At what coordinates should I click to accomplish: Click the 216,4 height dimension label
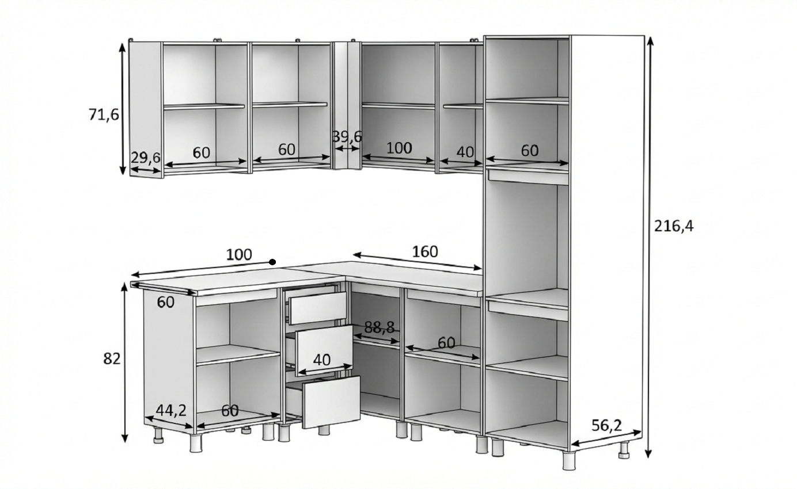(x=674, y=226)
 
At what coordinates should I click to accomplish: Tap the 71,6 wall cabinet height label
(x=104, y=115)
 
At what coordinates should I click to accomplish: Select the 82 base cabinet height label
(x=112, y=359)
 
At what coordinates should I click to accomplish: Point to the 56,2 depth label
(x=606, y=425)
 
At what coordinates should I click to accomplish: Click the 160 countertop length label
(x=425, y=252)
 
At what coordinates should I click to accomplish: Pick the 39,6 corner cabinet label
(x=347, y=137)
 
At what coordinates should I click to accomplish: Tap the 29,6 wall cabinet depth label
(x=146, y=158)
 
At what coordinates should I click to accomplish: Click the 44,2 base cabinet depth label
(x=171, y=411)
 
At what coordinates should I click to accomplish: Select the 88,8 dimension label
(x=379, y=327)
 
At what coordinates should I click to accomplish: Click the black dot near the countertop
(x=272, y=262)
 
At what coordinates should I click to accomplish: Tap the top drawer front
(x=318, y=308)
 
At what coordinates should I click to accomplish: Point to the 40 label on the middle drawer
(x=322, y=360)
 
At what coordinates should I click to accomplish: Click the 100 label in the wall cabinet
(x=399, y=148)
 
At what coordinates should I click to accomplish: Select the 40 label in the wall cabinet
(x=465, y=152)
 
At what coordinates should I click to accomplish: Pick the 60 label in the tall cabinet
(x=530, y=151)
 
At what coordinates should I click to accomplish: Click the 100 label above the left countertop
(x=239, y=254)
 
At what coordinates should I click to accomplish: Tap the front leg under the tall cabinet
(x=569, y=461)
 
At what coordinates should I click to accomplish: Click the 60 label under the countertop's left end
(x=165, y=303)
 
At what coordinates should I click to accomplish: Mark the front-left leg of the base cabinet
(x=196, y=443)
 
